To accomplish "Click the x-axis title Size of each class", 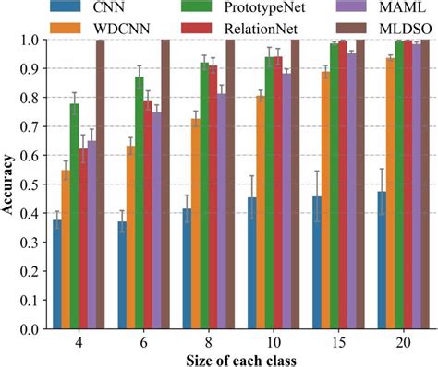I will (x=238, y=358).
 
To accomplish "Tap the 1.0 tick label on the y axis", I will (x=30, y=41).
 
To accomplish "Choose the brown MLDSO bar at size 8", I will (x=231, y=184).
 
